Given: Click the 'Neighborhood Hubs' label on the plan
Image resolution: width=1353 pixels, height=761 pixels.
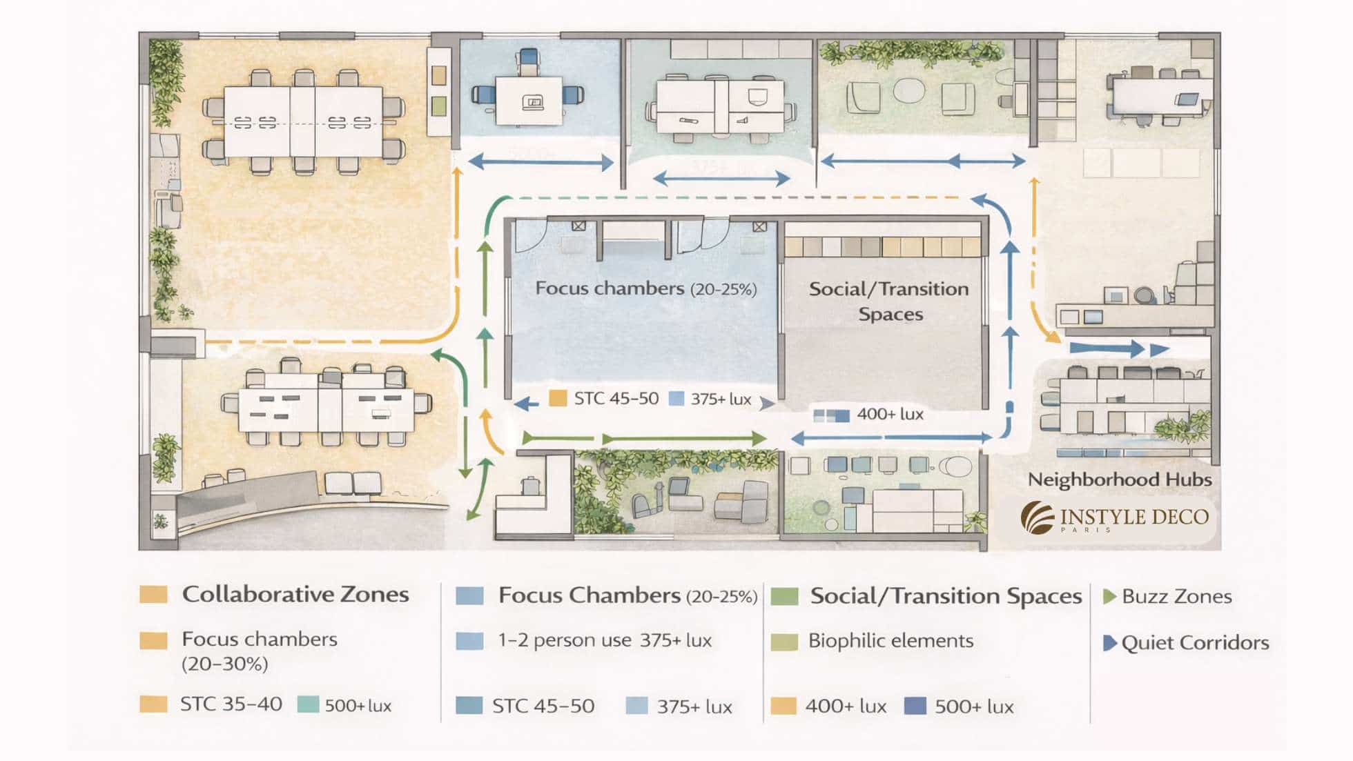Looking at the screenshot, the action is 1119,480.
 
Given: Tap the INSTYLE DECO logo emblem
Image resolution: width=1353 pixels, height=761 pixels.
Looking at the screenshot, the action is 1038,517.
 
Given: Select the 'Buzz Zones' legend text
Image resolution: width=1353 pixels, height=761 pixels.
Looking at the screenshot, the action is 1176,596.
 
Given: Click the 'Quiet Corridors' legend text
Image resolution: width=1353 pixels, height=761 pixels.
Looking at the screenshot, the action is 1195,642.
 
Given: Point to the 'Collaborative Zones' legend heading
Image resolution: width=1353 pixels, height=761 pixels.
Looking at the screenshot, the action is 295,594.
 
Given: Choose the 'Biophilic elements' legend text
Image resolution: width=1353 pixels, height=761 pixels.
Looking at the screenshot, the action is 890,640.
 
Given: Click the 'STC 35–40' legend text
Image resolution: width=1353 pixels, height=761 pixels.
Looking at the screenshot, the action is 231,704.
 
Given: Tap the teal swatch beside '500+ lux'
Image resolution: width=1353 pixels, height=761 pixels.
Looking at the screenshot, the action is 308,704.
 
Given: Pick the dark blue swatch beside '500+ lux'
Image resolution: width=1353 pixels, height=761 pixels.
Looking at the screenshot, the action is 915,706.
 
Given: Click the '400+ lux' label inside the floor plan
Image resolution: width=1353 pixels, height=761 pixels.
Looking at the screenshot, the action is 890,414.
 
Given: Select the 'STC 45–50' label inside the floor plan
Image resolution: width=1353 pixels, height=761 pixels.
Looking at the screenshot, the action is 616,398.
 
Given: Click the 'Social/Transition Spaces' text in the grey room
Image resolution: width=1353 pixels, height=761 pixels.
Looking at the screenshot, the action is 889,302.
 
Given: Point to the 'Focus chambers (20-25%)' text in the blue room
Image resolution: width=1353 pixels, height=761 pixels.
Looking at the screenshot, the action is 646,288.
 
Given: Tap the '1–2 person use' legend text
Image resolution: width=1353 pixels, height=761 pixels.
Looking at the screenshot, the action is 564,640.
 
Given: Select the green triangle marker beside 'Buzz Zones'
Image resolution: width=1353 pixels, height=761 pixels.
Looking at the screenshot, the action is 1109,596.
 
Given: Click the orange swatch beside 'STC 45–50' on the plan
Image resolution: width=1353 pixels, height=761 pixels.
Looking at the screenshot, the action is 558,398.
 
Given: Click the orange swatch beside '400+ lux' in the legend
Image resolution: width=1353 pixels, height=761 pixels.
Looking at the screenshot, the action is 783,706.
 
